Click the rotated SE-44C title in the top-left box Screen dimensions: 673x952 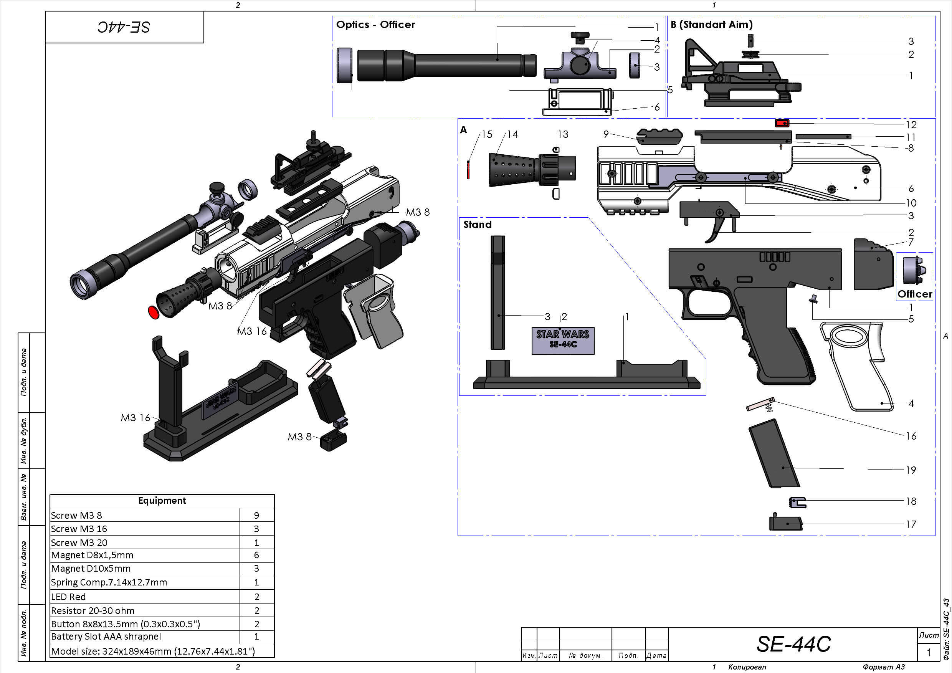[124, 27]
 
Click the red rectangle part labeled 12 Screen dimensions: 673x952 [782, 123]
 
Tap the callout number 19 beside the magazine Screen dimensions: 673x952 [910, 470]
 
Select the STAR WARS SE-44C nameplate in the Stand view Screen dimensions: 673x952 [563, 340]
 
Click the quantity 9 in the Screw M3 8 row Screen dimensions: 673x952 [256, 515]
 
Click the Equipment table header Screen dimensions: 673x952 [162, 501]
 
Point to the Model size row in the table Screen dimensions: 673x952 [152, 651]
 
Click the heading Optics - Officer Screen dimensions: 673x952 [375, 25]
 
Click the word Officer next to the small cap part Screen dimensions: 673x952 [914, 294]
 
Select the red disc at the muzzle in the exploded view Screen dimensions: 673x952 [154, 312]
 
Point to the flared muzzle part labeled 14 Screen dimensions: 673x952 [512, 170]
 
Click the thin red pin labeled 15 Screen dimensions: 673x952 [468, 170]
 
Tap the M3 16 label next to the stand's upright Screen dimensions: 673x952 [135, 418]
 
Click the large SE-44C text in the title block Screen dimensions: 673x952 [793, 644]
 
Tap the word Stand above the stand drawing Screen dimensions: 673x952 [477, 225]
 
